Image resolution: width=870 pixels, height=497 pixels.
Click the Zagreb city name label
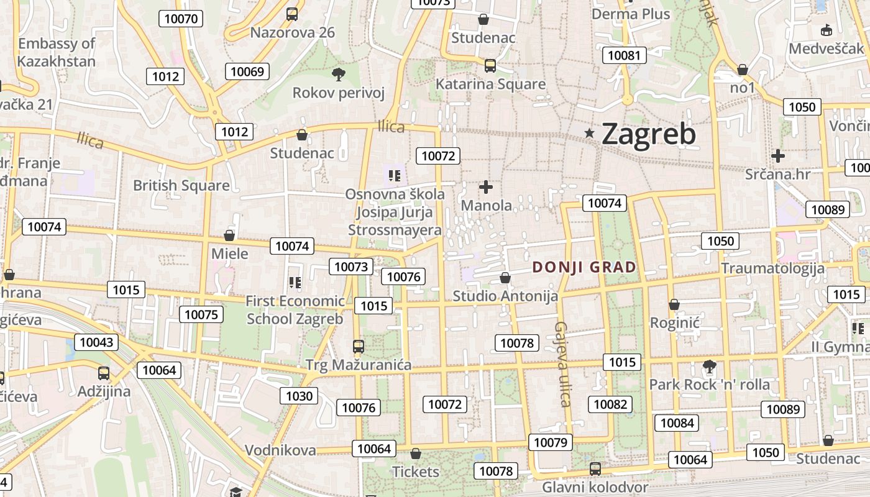coord(648,134)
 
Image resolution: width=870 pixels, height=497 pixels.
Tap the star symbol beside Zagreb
coord(589,132)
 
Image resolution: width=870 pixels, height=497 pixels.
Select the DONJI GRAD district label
coord(584,267)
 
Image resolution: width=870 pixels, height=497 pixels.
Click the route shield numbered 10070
coord(181,19)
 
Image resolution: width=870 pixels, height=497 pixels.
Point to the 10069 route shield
coord(247,71)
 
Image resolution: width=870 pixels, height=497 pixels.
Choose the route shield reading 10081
coord(623,55)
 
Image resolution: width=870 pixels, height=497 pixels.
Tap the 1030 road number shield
coord(300,396)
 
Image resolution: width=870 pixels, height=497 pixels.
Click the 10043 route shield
coord(96,342)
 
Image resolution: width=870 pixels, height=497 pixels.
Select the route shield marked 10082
coord(610,404)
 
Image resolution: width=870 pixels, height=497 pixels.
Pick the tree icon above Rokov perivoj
coord(339,75)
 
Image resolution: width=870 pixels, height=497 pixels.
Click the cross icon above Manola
coord(486,186)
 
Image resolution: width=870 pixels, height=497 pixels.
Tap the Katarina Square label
coord(490,84)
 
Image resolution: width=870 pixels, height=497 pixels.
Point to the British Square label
coord(181,185)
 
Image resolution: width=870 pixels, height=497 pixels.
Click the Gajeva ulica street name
coord(562,364)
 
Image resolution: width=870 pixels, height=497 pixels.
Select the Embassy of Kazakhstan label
coord(56,52)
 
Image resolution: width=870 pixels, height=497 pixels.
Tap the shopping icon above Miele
coord(229,235)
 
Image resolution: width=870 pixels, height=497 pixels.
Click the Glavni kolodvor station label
coord(595,487)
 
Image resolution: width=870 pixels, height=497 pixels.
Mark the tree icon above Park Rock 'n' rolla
coord(709,367)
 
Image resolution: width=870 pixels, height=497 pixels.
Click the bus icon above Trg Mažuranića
coord(359,346)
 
